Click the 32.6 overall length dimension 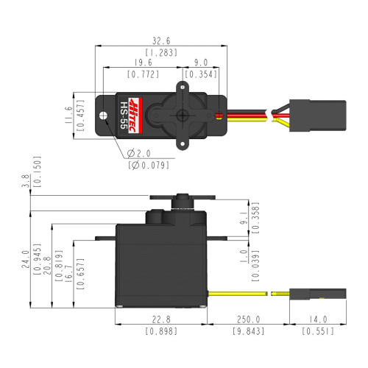[158, 41]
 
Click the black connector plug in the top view [303, 116]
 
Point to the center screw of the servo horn [182, 116]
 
